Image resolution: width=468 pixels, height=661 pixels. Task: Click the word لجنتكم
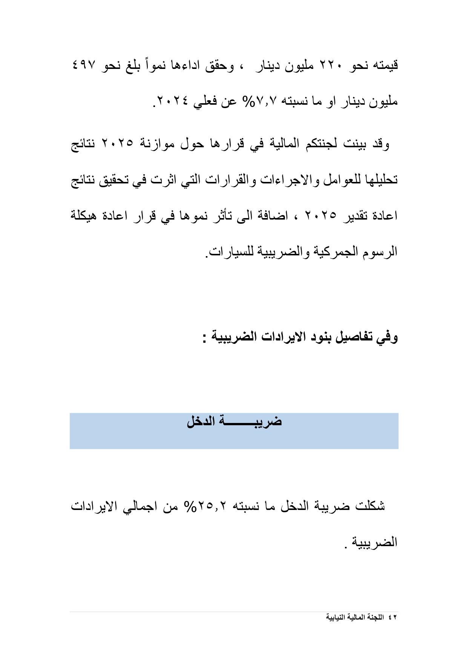pos(322,143)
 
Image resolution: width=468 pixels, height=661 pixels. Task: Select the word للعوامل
pos(339,180)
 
